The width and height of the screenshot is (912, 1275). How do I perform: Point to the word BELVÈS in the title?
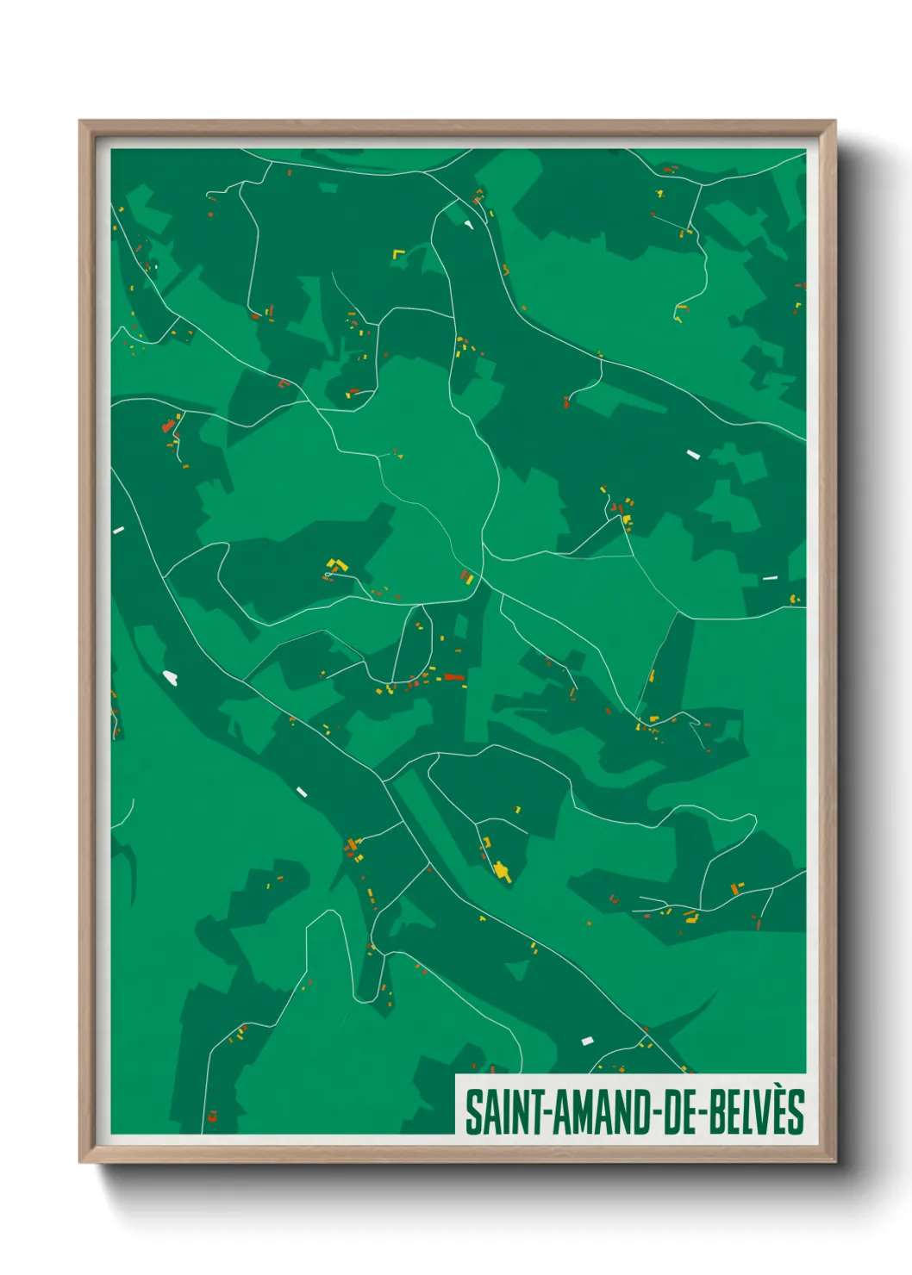pyautogui.click(x=757, y=1112)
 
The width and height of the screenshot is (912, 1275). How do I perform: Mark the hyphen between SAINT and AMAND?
pyautogui.click(x=545, y=1114)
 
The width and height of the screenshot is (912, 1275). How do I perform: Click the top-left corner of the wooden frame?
pyautogui.click(x=80, y=121)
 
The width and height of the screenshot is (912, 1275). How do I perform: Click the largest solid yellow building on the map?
pyautogui.click(x=503, y=871)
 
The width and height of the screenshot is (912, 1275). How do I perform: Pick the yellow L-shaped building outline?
pyautogui.click(x=398, y=255)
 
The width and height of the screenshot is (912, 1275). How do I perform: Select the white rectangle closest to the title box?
pyautogui.click(x=588, y=1041)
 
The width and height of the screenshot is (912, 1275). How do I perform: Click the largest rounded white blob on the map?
pyautogui.click(x=171, y=678)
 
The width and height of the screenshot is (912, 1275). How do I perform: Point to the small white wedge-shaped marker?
pyautogui.click(x=469, y=225)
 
